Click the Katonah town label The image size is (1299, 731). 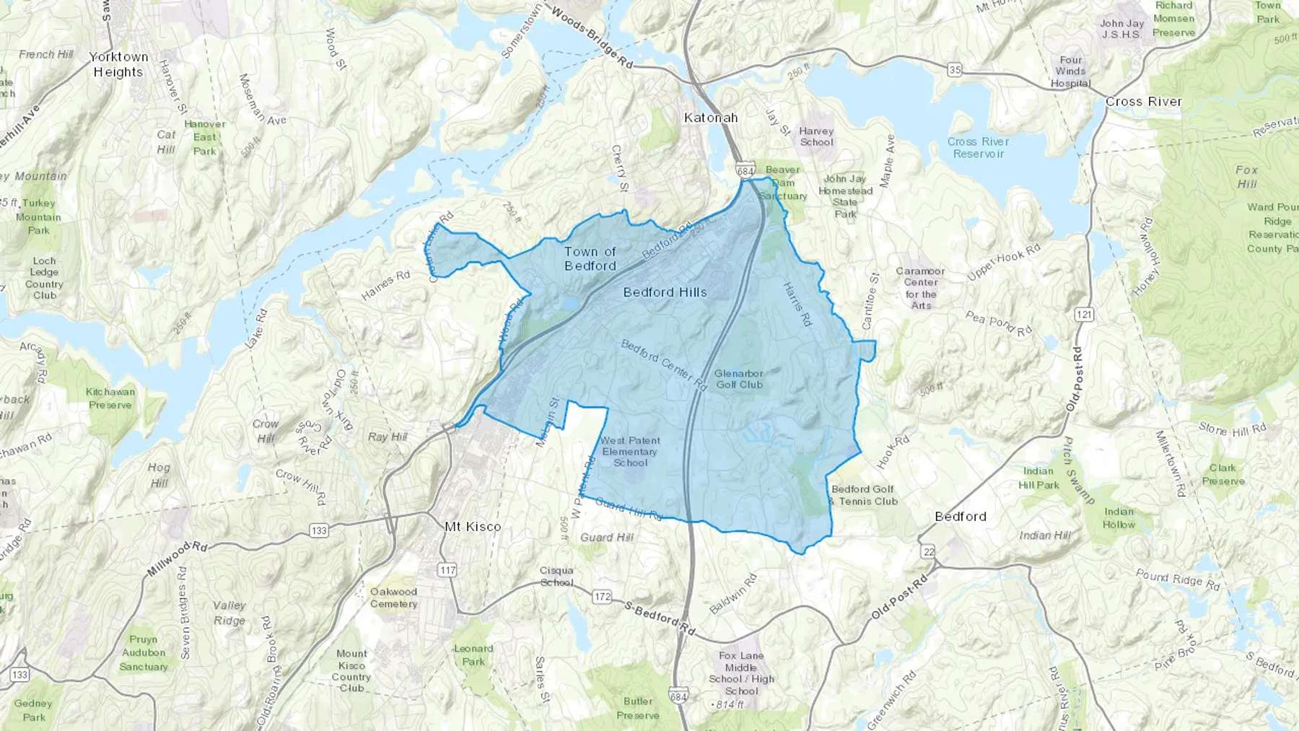[x=711, y=118]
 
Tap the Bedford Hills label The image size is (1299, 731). [x=665, y=292]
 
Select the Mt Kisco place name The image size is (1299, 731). [x=473, y=527]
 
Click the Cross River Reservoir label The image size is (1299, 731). [x=978, y=147]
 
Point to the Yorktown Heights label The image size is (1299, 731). [x=118, y=64]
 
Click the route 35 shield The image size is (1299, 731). [x=955, y=70]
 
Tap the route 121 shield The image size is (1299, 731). [x=1083, y=315]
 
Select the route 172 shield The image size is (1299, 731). [x=602, y=597]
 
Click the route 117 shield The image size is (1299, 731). [x=447, y=570]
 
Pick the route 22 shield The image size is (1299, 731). [x=928, y=552]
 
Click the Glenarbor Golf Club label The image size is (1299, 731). [x=739, y=379]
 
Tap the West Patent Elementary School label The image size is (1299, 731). [x=629, y=451]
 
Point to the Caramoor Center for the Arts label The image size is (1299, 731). [x=920, y=288]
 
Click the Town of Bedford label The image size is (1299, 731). [x=590, y=258]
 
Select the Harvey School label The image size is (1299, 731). [x=816, y=136]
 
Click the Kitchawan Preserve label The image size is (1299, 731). [x=110, y=398]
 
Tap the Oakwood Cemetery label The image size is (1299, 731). [x=393, y=598]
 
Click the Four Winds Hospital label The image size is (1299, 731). [x=1070, y=71]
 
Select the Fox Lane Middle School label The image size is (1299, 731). [x=741, y=673]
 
